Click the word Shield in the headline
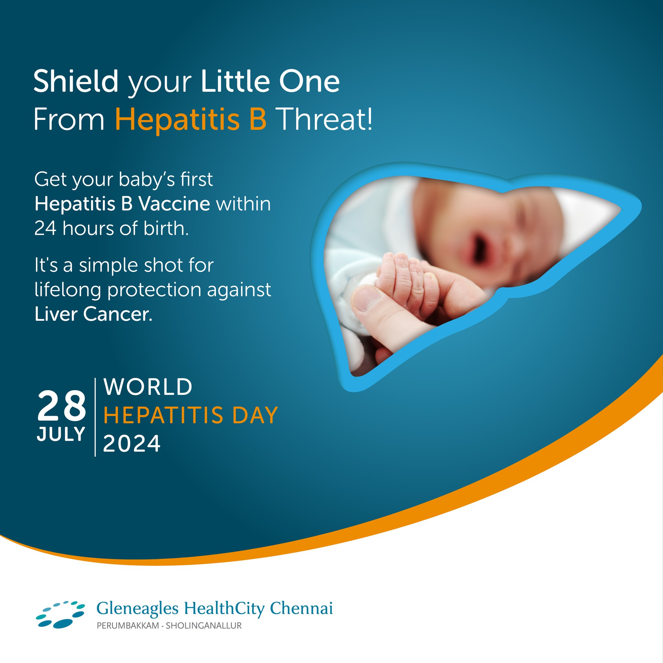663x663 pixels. coord(76,81)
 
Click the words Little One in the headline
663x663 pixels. coord(270,81)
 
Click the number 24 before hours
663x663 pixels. coord(45,229)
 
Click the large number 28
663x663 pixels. coord(62,406)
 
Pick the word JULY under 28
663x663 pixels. coord(61,434)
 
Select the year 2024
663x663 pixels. coord(132,444)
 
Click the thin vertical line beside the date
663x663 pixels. coord(95,417)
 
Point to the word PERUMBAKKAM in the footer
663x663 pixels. coord(128,625)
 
